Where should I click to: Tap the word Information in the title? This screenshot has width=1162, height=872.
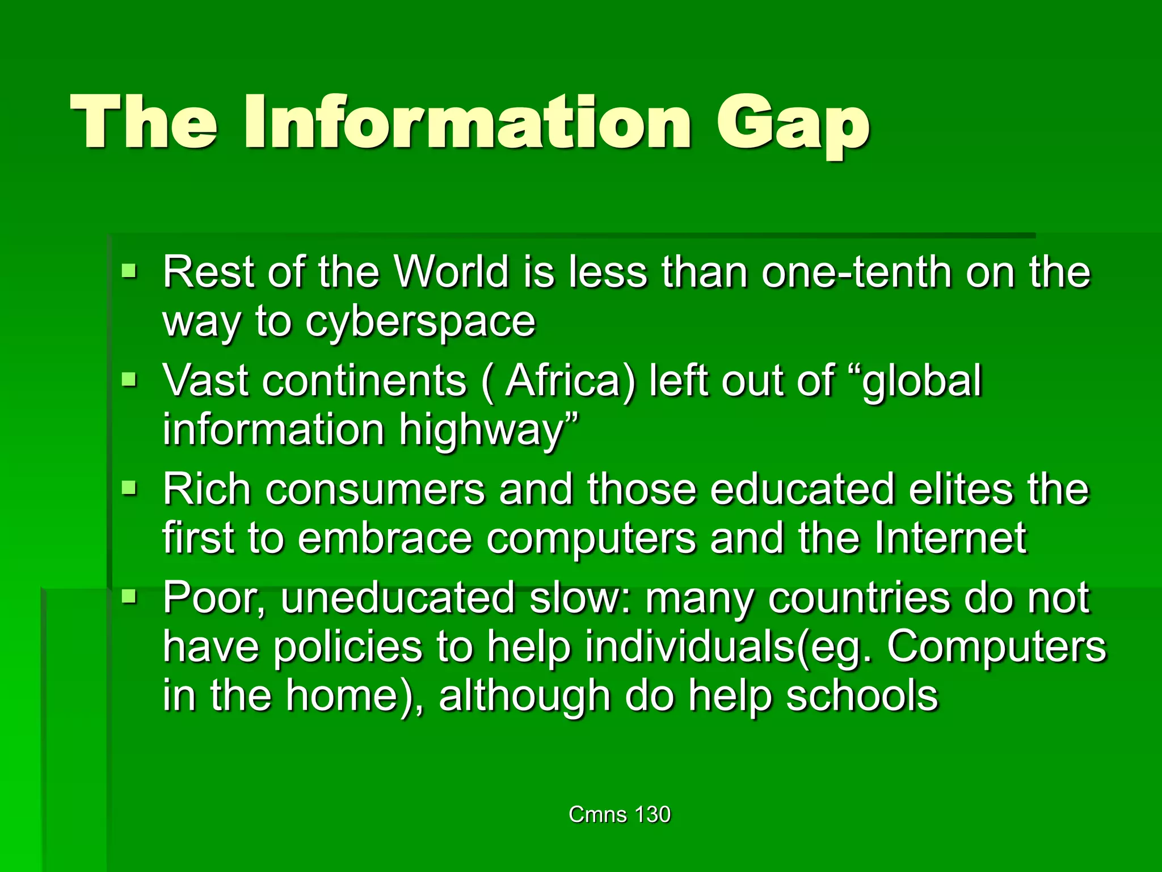click(x=468, y=121)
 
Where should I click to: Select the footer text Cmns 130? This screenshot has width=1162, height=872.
click(x=619, y=814)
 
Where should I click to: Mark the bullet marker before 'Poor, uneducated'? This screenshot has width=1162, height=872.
click(x=129, y=596)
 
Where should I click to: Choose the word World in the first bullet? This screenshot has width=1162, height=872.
click(x=452, y=272)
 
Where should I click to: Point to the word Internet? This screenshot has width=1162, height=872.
click(x=950, y=537)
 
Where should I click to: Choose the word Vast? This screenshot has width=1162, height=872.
click(x=205, y=380)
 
